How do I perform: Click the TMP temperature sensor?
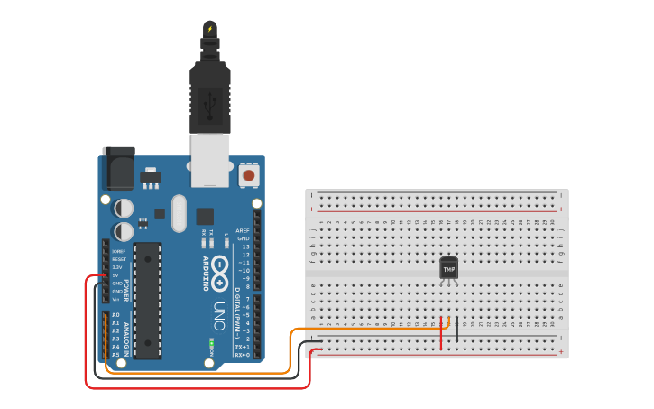click(448, 268)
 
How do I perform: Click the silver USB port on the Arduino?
click(210, 159)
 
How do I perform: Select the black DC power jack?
click(117, 167)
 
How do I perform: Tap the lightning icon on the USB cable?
click(210, 29)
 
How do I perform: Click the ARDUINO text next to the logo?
click(205, 274)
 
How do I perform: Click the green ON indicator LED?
click(211, 343)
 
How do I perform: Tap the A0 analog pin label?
click(115, 315)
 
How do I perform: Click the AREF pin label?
click(243, 230)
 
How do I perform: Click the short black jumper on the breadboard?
click(456, 329)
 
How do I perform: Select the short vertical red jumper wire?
click(441, 333)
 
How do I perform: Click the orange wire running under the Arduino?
click(198, 372)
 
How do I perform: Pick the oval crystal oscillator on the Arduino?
click(179, 213)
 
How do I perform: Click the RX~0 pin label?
click(242, 355)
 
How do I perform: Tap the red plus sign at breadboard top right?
click(561, 209)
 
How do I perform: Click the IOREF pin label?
click(119, 251)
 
